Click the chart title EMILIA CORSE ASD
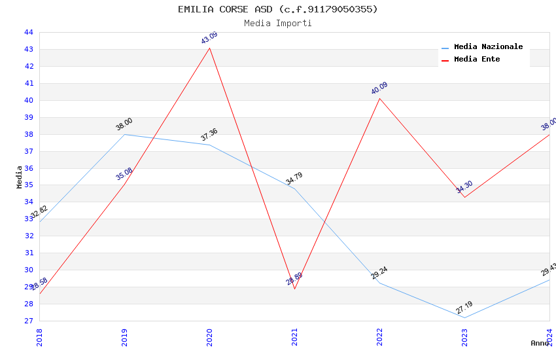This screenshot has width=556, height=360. (277, 9)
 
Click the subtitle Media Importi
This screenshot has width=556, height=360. (277, 24)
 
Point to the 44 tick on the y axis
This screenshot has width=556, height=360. (29, 32)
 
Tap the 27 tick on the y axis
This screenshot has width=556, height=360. (29, 321)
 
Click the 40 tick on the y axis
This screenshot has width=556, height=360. (29, 100)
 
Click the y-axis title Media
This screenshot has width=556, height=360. (20, 177)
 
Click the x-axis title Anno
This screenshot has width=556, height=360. (540, 343)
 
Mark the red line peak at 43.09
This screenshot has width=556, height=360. (209, 48)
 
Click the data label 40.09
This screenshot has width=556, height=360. (379, 88)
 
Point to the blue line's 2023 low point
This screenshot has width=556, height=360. (464, 317)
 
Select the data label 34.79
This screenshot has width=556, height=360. (294, 179)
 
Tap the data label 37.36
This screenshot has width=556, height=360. (209, 135)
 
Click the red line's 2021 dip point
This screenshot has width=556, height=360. (294, 289)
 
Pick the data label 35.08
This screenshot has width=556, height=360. (124, 174)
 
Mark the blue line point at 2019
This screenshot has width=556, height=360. (124, 134)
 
